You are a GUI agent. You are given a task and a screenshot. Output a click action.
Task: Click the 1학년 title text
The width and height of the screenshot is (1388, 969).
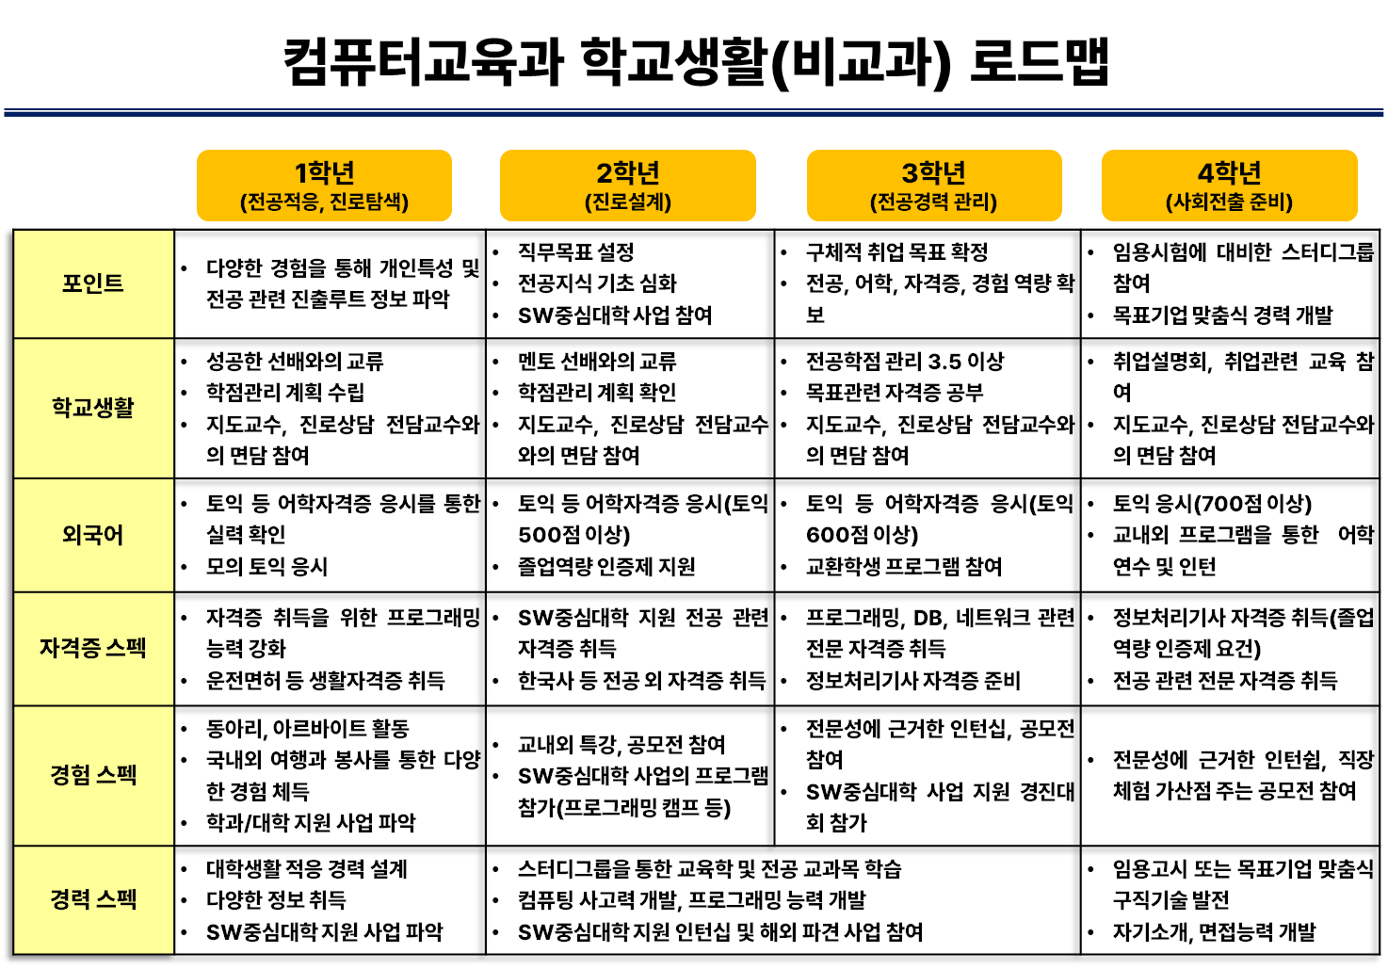click(x=324, y=173)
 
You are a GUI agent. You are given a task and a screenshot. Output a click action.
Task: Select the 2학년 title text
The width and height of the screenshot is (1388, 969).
click(x=628, y=173)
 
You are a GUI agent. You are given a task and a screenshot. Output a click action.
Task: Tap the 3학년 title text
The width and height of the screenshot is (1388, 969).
click(x=934, y=173)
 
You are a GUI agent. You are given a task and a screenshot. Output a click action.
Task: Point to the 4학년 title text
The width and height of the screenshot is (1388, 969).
click(x=1229, y=173)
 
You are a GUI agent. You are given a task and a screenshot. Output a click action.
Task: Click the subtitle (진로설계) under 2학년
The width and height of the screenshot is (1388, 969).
click(x=628, y=202)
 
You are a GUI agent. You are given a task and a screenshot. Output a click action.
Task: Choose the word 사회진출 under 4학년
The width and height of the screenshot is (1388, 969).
click(x=1207, y=202)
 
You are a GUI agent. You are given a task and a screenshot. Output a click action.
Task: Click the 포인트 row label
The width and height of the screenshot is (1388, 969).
click(x=93, y=283)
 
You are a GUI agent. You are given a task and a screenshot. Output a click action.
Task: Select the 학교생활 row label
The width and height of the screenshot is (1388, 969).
click(x=93, y=408)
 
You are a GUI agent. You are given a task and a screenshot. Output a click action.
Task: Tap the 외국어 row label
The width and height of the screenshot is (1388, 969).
click(x=93, y=535)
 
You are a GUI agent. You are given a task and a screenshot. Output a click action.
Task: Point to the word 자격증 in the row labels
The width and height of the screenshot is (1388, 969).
click(x=70, y=648)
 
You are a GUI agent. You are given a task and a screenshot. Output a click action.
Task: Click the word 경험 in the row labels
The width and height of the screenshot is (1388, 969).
click(x=71, y=775)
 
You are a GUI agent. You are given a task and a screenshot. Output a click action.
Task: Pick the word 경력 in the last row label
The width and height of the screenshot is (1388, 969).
click(x=71, y=899)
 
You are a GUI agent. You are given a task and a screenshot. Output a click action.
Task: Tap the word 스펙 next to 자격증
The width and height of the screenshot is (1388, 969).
click(x=126, y=648)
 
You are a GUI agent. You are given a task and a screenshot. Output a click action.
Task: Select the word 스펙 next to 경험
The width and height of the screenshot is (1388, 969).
click(x=117, y=775)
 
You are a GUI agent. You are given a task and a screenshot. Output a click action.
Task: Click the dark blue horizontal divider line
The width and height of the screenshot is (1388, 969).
click(x=694, y=113)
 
